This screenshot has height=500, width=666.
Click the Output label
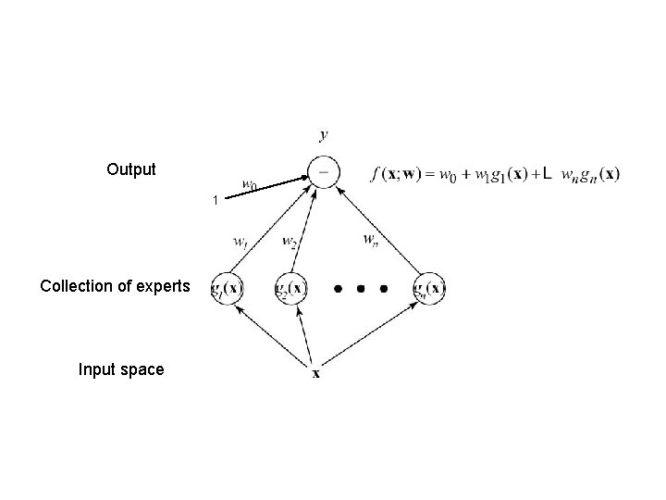click(130, 169)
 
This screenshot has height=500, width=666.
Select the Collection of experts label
click(115, 286)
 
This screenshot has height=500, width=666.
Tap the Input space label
click(121, 369)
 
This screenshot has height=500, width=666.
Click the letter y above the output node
click(323, 135)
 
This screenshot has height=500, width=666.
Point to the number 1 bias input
click(215, 200)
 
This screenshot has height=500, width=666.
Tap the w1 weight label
click(240, 243)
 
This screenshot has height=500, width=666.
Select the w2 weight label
click(289, 243)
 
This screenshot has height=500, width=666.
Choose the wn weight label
click(371, 240)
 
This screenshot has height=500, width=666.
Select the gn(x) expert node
click(430, 288)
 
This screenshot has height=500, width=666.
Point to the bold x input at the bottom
click(315, 374)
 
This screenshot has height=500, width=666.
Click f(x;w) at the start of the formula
click(396, 173)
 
